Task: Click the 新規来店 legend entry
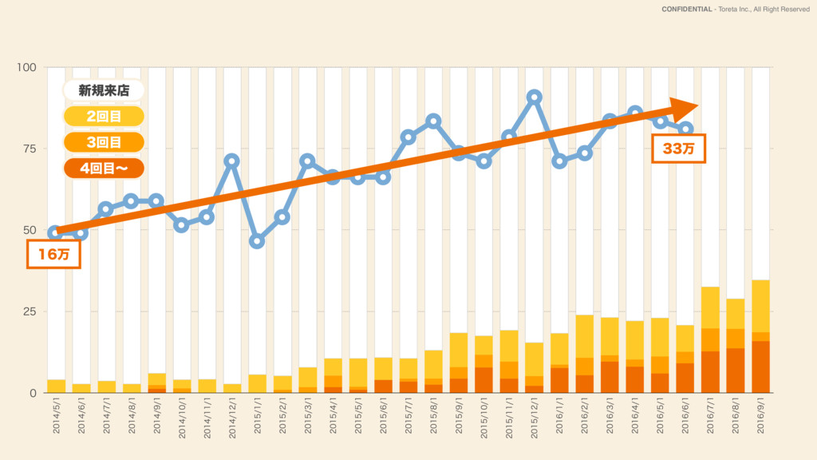[104, 90]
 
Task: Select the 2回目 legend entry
[104, 117]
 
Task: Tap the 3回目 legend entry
[104, 142]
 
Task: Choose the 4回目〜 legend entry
[104, 169]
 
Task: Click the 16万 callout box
[54, 256]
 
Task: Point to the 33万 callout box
[678, 149]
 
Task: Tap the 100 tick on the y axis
[26, 68]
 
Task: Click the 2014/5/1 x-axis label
[56, 418]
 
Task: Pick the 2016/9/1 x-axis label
[761, 418]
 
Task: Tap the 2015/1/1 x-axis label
[258, 418]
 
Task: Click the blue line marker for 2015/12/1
[535, 97]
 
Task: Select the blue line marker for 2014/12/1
[232, 161]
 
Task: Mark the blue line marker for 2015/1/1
[257, 241]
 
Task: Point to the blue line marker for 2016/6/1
[686, 129]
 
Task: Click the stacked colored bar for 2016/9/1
[761, 336]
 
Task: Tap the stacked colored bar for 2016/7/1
[711, 340]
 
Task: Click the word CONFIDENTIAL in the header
[687, 10]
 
